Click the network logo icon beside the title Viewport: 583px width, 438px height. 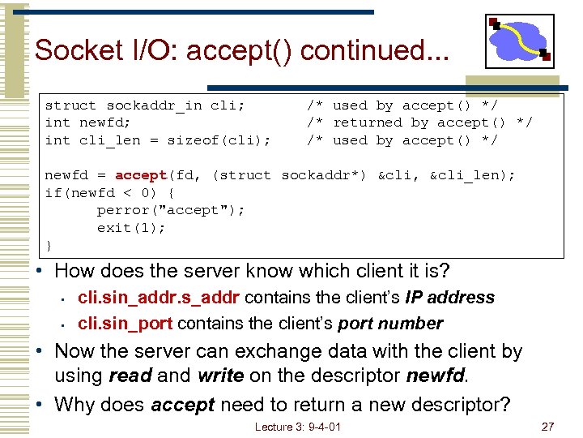tap(519, 41)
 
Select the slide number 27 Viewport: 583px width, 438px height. tap(548, 427)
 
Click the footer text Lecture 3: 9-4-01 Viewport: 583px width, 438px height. tap(297, 427)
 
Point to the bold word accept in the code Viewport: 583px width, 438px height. tap(141, 175)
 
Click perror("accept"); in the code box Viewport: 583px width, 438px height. tap(171, 210)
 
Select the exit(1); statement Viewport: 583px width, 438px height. tap(132, 228)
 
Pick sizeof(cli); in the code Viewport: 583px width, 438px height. tap(219, 140)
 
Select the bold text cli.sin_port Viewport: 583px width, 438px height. tap(125, 324)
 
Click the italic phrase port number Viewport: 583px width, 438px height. tap(390, 324)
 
